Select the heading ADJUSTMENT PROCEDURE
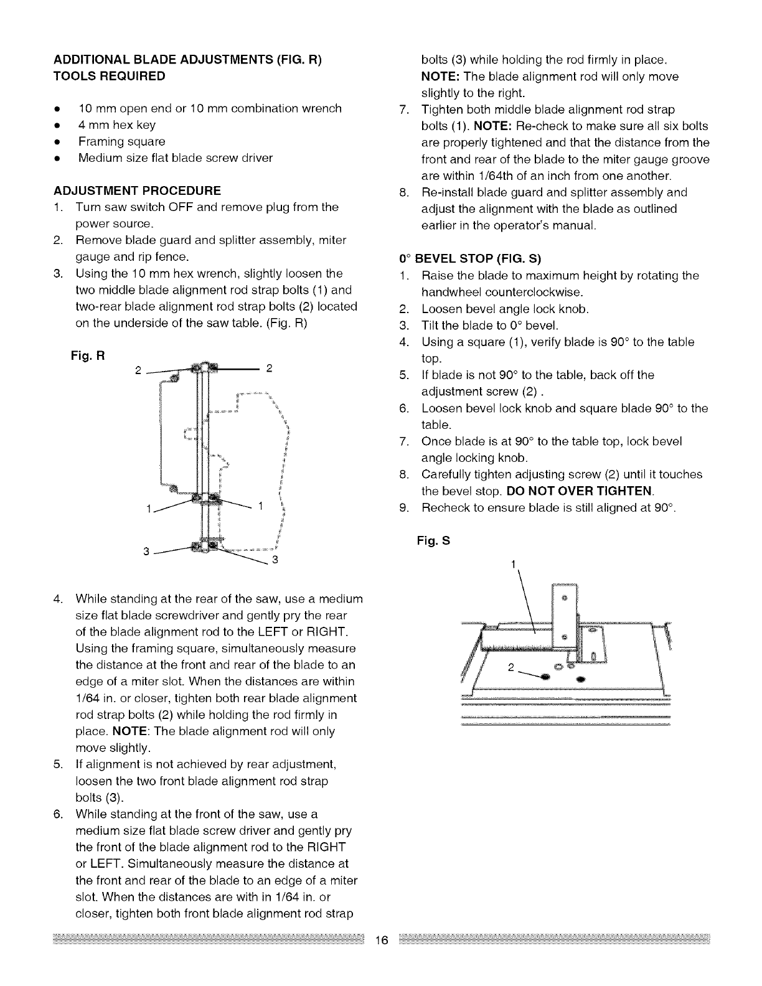[138, 190]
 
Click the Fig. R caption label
[88, 357]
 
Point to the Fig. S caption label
[433, 541]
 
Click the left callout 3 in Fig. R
[146, 552]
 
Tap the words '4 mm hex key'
[117, 125]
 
